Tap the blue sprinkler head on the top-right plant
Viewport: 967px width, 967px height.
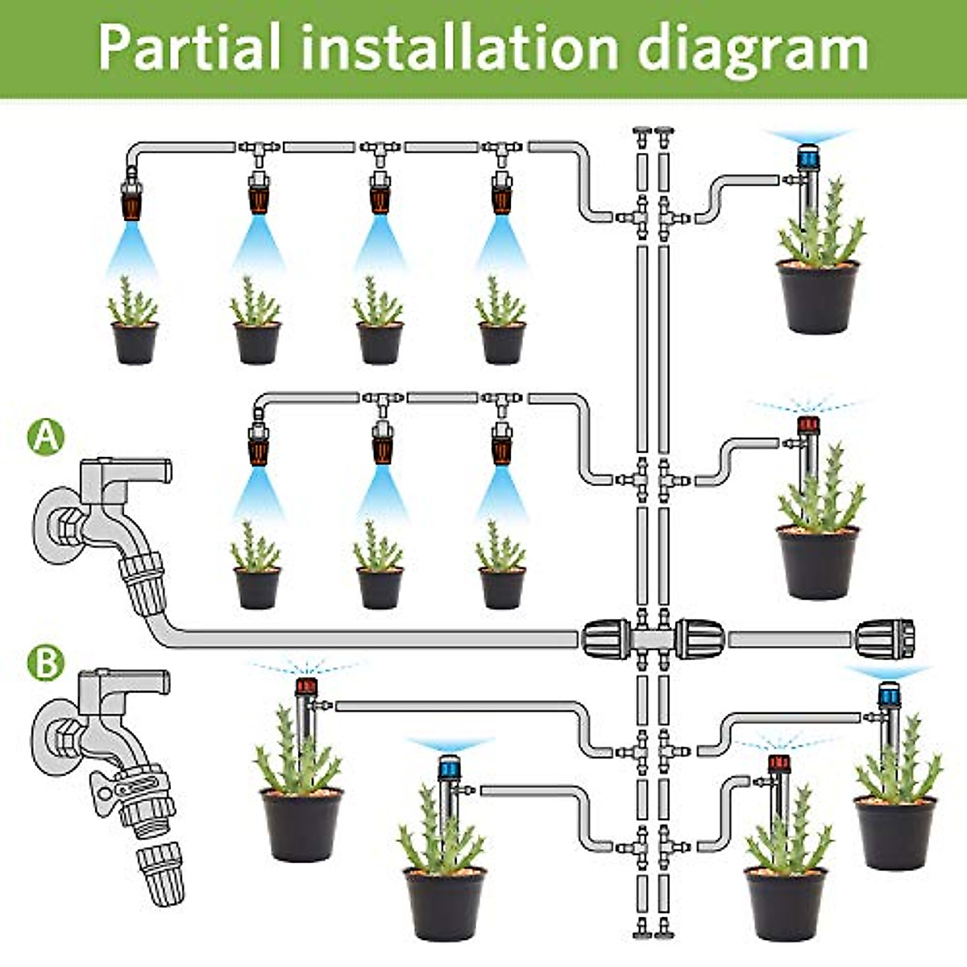pos(807,156)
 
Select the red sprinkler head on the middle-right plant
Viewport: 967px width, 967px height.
pos(807,425)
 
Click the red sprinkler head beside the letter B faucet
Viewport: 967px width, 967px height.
pos(305,687)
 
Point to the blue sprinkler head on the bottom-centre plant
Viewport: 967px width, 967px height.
pos(449,766)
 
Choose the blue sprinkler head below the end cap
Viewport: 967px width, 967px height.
pos(888,694)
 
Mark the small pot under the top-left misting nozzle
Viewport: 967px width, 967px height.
pos(134,342)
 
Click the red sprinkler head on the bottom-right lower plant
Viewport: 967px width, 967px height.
pos(778,763)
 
